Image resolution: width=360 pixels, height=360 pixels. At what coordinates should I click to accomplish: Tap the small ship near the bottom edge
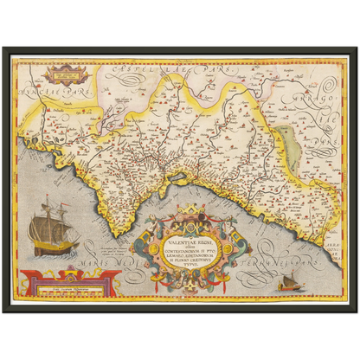(288, 282)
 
